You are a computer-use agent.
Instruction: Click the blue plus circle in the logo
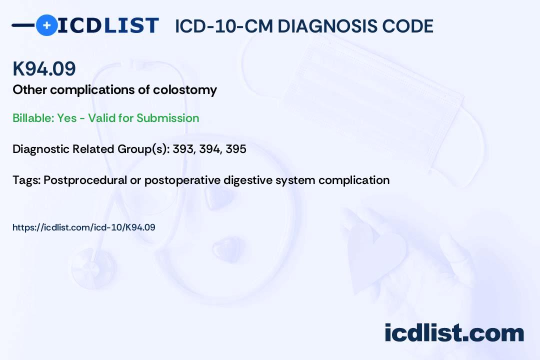[46, 25]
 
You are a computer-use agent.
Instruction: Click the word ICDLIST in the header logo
[108, 25]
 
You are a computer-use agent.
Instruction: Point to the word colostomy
[185, 90]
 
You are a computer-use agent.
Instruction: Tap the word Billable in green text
[33, 118]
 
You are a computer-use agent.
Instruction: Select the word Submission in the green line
[167, 118]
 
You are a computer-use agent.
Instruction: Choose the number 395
[236, 149]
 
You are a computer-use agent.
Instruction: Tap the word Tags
[26, 180]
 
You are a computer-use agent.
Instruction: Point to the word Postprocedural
[85, 180]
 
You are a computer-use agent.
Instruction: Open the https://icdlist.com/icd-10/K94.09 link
[83, 227]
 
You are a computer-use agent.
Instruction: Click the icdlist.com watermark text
[454, 333]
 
